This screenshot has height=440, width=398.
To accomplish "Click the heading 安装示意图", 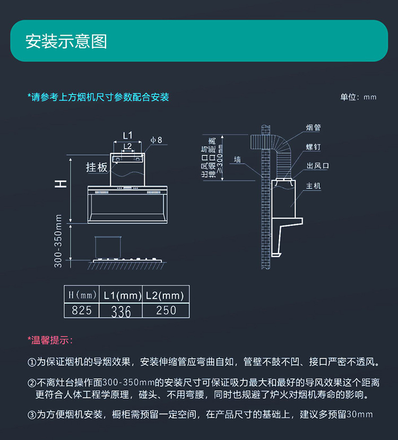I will click(66, 41).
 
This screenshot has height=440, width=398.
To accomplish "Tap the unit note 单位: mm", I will click(358, 98).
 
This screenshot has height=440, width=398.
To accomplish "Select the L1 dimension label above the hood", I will click(127, 135).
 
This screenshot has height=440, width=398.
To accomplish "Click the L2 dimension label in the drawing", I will click(127, 146).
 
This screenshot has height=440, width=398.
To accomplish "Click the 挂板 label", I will click(97, 168).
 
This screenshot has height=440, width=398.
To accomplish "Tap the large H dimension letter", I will click(62, 184).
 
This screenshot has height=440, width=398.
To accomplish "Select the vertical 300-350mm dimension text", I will click(58, 240).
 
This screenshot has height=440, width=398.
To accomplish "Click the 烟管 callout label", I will click(313, 128).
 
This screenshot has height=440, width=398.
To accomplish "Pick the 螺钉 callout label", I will click(313, 147).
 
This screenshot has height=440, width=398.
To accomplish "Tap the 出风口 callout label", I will click(317, 166).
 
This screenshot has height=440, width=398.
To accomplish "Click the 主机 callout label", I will click(313, 186).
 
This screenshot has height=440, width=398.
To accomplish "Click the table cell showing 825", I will click(82, 310).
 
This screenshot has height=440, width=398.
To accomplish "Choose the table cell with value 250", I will click(166, 310).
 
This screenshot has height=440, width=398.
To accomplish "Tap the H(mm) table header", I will click(82, 295).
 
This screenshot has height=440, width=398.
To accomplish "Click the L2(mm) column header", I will click(166, 295).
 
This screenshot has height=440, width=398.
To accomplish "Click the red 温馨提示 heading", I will click(50, 340).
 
